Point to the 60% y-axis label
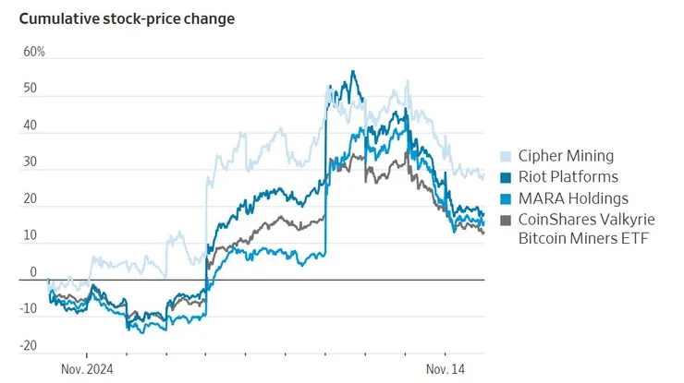(x=34, y=52)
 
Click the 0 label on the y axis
(x=33, y=272)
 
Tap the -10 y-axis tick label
(x=29, y=309)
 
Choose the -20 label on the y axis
(x=29, y=346)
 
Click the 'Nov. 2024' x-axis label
(x=86, y=369)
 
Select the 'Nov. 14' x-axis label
(x=445, y=369)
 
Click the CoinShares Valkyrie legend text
(x=584, y=220)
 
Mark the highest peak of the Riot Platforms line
(x=352, y=71)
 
